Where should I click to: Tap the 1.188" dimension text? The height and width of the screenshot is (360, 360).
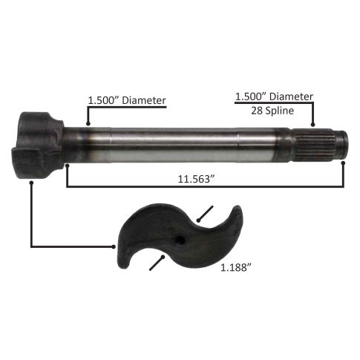pos(236,267)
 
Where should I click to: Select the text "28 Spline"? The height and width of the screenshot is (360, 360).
pos(272,111)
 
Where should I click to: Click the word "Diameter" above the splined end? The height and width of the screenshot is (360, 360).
pos(291,96)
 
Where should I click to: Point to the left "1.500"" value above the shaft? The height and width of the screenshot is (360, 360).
pos(104,100)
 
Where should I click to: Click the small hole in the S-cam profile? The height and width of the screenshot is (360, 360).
pos(180,240)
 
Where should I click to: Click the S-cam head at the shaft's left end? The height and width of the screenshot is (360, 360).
pos(38,145)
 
